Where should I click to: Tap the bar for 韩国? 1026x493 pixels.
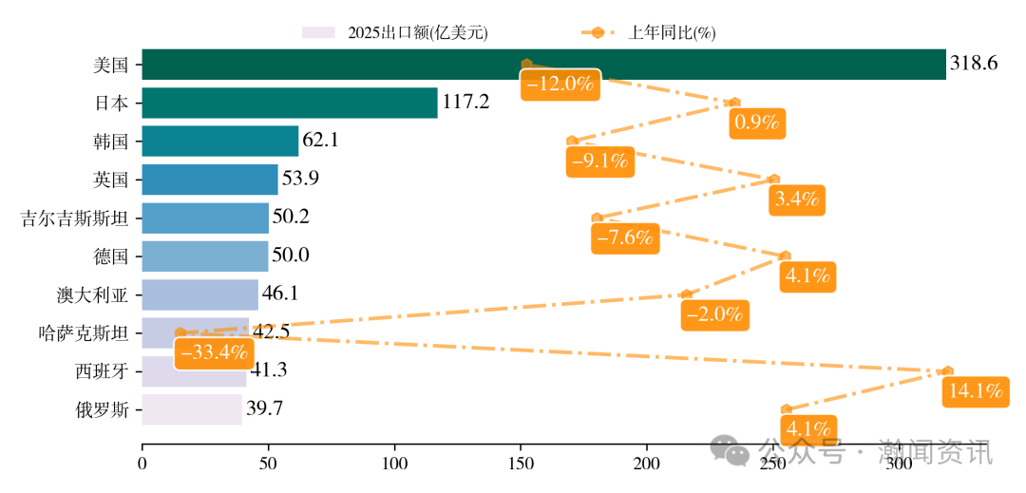coord(219,141)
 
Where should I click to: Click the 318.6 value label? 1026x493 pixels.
coord(974,64)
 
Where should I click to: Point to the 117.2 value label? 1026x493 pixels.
coord(466,102)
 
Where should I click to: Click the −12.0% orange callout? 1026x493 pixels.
coord(560,84)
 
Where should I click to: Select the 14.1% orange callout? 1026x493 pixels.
coord(974,390)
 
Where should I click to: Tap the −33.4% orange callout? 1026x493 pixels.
coord(213,352)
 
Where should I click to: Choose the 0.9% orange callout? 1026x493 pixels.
coord(756,123)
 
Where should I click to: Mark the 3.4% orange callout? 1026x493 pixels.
coord(797,199)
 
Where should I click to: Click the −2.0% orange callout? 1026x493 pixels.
coord(715,314)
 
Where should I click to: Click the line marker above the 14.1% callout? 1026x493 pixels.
coord(947,370)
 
